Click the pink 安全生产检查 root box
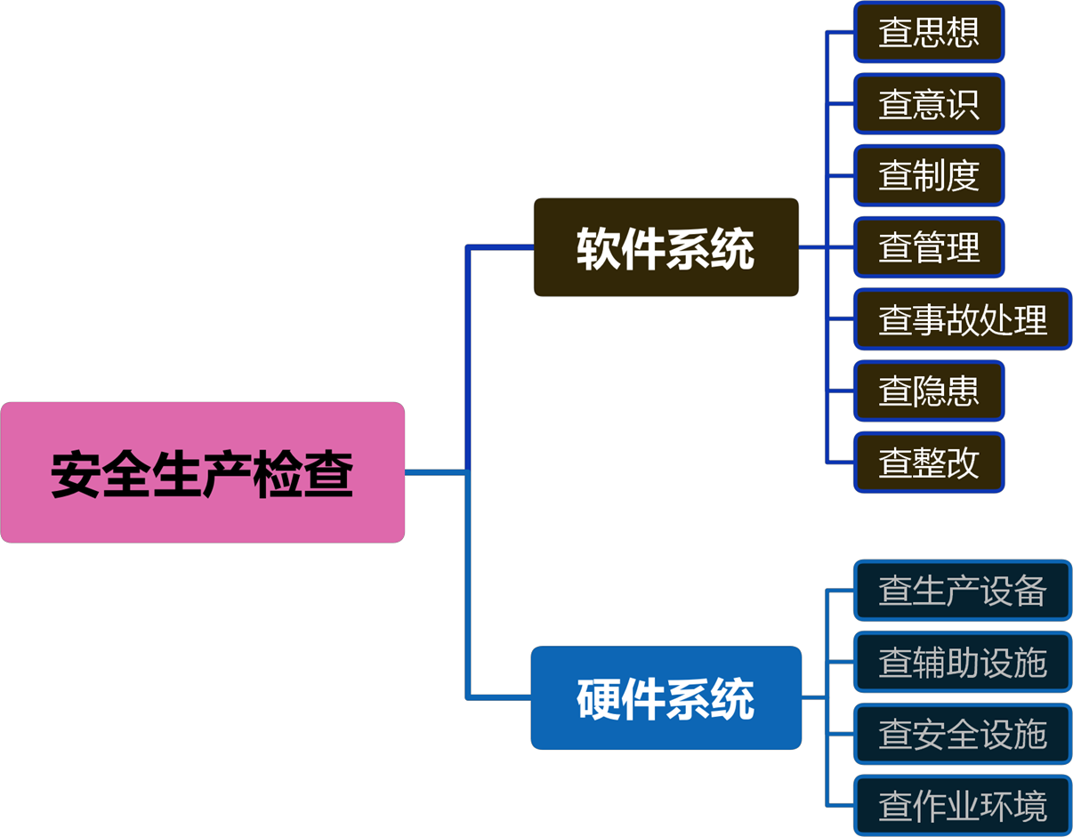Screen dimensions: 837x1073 [203, 472]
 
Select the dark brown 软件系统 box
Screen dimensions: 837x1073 [666, 247]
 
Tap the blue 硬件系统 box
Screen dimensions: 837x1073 [666, 698]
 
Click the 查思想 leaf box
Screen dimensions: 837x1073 [929, 32]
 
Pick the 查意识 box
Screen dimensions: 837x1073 [929, 104]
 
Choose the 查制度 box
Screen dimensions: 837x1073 [929, 175]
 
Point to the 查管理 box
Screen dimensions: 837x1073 [929, 247]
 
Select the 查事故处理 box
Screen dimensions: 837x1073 [963, 319]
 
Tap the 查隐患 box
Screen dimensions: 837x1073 [929, 390]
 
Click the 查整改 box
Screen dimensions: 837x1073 [929, 463]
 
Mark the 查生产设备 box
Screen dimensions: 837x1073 [963, 591]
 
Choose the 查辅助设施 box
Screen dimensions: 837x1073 [963, 663]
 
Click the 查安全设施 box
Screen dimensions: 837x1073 [963, 735]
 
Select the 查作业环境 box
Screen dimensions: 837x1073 [963, 807]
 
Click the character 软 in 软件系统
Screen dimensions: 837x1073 [598, 248]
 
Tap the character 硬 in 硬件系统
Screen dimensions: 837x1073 [598, 699]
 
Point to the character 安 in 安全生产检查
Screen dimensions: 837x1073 [76, 474]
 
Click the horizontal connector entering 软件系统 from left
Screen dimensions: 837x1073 [500, 247]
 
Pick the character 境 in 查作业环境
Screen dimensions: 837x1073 [1029, 807]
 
